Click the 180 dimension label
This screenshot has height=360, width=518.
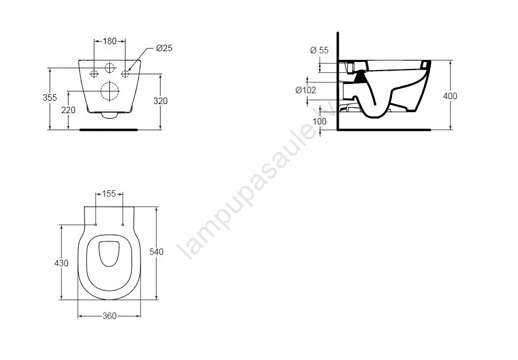pos(110,41)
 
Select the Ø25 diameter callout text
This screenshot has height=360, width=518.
pos(164,49)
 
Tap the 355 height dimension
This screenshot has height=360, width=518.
pos(50,98)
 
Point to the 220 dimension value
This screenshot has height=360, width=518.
pos(68,110)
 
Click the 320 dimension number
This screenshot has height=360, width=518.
pos(160,101)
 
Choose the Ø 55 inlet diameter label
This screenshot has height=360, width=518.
pos(319,50)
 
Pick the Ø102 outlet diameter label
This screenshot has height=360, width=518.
pos(306,90)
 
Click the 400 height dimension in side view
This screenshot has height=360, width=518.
pos(450,96)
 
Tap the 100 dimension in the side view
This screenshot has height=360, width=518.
pos(319,121)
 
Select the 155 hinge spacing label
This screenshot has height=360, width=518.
pos(109,193)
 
